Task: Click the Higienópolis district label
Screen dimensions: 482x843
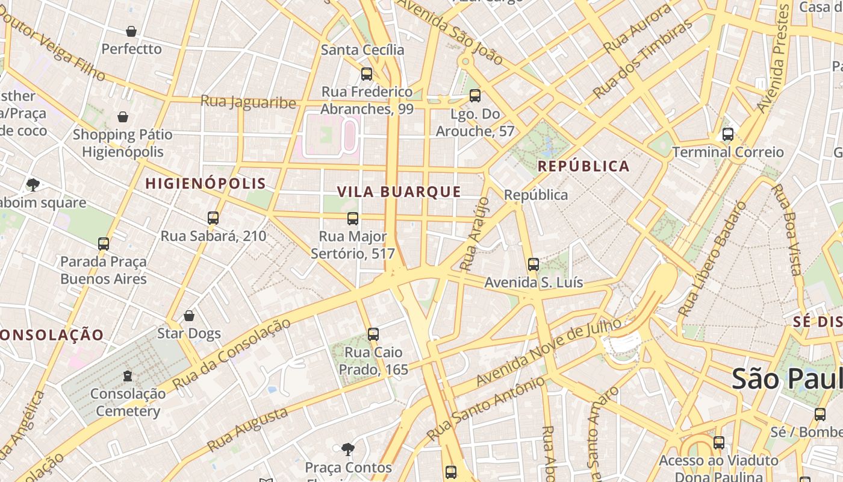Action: [x=205, y=183]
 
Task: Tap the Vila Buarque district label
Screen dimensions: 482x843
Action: [x=399, y=192]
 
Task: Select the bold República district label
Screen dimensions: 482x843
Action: [x=583, y=166]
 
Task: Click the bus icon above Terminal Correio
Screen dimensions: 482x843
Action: [x=728, y=134]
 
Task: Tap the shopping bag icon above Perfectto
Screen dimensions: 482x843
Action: [x=131, y=31]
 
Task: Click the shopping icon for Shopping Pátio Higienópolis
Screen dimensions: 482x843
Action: [x=123, y=117]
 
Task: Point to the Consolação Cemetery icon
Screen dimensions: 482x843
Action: [x=128, y=376]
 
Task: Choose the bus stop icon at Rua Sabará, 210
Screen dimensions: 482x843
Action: [x=213, y=218]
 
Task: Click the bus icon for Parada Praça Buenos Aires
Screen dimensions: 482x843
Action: [x=104, y=244]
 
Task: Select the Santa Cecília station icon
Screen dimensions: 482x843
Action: [x=366, y=74]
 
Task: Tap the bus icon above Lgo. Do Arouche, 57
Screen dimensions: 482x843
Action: [x=475, y=96]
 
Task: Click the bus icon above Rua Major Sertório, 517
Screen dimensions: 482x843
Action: [x=353, y=219]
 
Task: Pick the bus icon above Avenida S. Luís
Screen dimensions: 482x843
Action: [x=533, y=264]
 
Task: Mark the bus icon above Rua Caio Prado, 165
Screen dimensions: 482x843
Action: [x=373, y=334]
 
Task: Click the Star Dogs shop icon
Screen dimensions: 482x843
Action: [x=189, y=316]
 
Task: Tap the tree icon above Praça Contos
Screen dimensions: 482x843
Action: [x=347, y=449]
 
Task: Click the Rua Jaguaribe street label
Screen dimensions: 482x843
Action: [x=248, y=102]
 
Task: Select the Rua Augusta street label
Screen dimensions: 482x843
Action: [x=247, y=430]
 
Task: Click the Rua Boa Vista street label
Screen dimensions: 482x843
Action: [x=788, y=230]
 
